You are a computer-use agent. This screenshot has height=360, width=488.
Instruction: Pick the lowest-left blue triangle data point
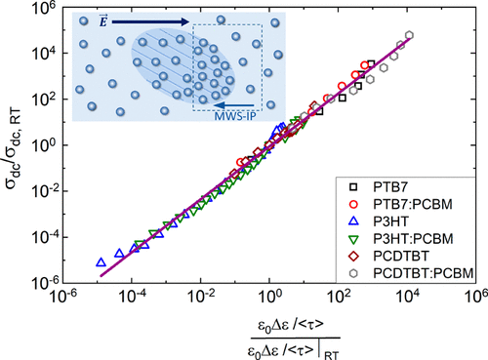101,262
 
